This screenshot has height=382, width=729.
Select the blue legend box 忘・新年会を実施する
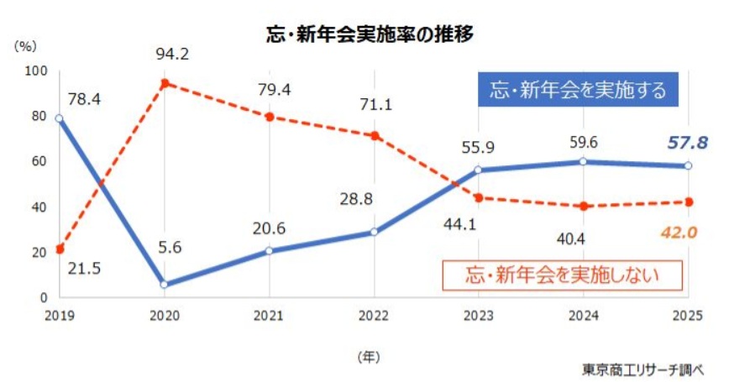point(577,90)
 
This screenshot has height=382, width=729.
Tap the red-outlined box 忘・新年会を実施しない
point(562,273)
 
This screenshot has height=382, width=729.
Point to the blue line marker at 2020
point(164,285)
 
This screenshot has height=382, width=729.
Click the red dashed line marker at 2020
point(164,83)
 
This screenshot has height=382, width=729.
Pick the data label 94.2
point(171,55)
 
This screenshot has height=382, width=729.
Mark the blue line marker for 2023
point(479,170)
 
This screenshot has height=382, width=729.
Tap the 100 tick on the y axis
point(37,71)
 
